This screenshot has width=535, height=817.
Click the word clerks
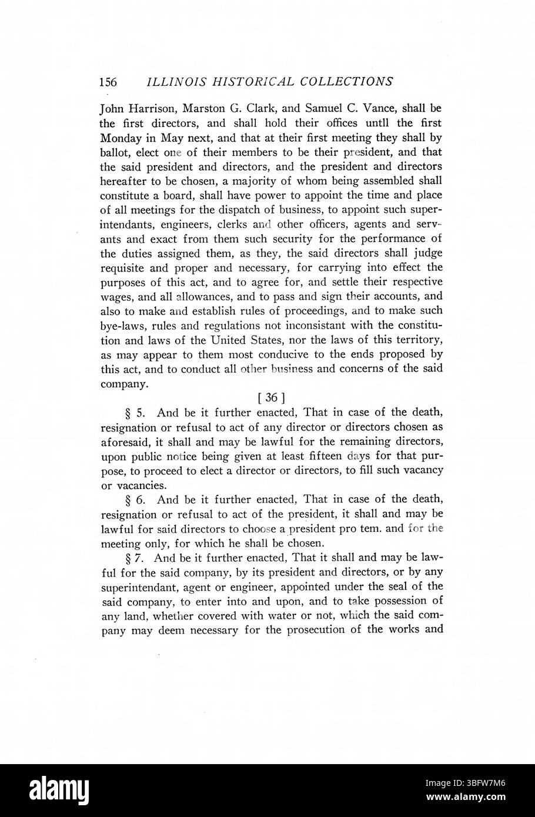[x=226, y=224]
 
